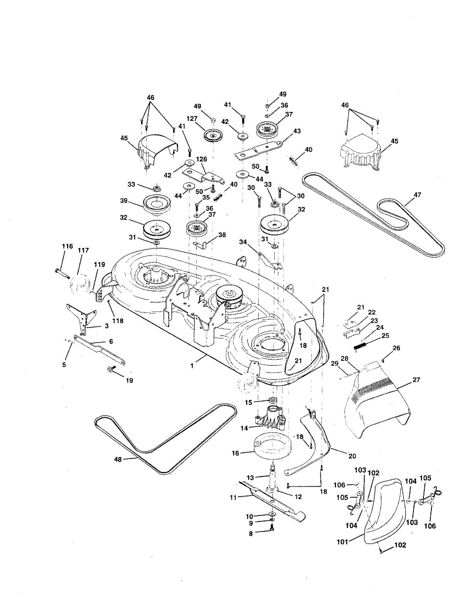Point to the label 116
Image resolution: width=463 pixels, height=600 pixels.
pyautogui.click(x=67, y=246)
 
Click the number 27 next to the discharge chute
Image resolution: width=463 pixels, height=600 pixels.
pyautogui.click(x=416, y=380)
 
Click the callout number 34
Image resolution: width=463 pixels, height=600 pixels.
pyautogui.click(x=243, y=242)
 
